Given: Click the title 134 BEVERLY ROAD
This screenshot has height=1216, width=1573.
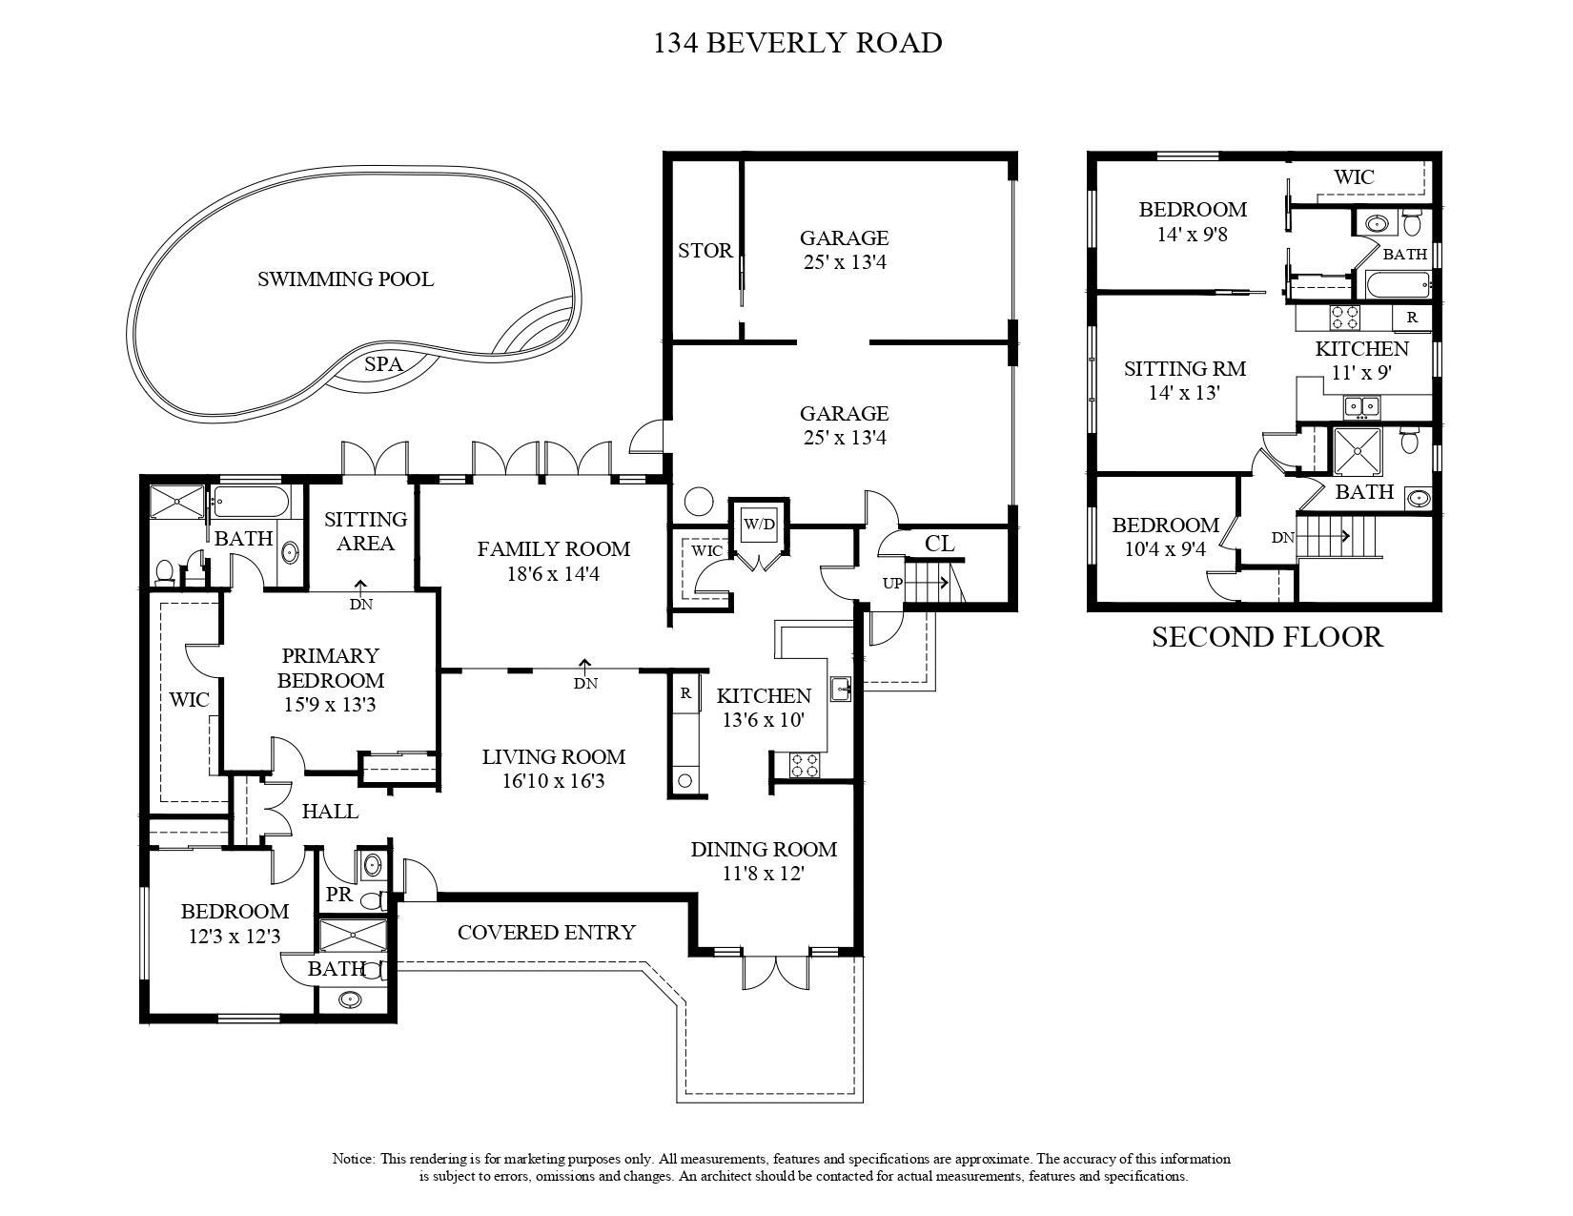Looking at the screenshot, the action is (797, 43).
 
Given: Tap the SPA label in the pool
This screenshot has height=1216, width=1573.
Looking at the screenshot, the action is (383, 363).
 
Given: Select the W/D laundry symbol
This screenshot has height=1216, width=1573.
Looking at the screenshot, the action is (759, 524).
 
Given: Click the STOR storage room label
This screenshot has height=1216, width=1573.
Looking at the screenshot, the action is (705, 251).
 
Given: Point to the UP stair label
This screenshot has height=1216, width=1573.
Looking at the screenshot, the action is (892, 583).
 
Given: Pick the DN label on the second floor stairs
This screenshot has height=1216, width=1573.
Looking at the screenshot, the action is (1282, 537).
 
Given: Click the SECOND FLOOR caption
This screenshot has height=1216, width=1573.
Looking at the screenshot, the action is (1267, 636).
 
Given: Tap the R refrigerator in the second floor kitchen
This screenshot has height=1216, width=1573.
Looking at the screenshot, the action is (1412, 318).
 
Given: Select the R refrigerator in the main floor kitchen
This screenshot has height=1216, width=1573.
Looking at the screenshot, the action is (684, 693).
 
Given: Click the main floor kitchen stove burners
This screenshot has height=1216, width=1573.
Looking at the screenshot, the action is (805, 766).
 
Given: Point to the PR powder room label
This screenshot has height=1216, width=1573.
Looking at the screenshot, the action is (338, 895).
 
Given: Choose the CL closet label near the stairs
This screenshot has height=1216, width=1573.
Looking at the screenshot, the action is (940, 544).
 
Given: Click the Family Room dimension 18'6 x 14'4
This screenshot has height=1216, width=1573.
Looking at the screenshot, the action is (553, 574).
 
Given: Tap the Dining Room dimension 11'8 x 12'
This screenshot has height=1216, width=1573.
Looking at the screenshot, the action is (763, 875).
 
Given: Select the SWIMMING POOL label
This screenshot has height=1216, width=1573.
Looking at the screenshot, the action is (345, 278).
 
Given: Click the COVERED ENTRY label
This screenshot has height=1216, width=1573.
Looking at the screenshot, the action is (546, 932).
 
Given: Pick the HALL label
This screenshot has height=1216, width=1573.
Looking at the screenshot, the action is (329, 812).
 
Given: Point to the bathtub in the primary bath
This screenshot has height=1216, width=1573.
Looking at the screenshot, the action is (251, 502).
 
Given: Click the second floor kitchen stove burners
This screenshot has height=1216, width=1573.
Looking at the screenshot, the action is (1344, 318).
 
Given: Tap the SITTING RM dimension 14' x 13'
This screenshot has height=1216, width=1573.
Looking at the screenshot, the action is (1184, 393).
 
